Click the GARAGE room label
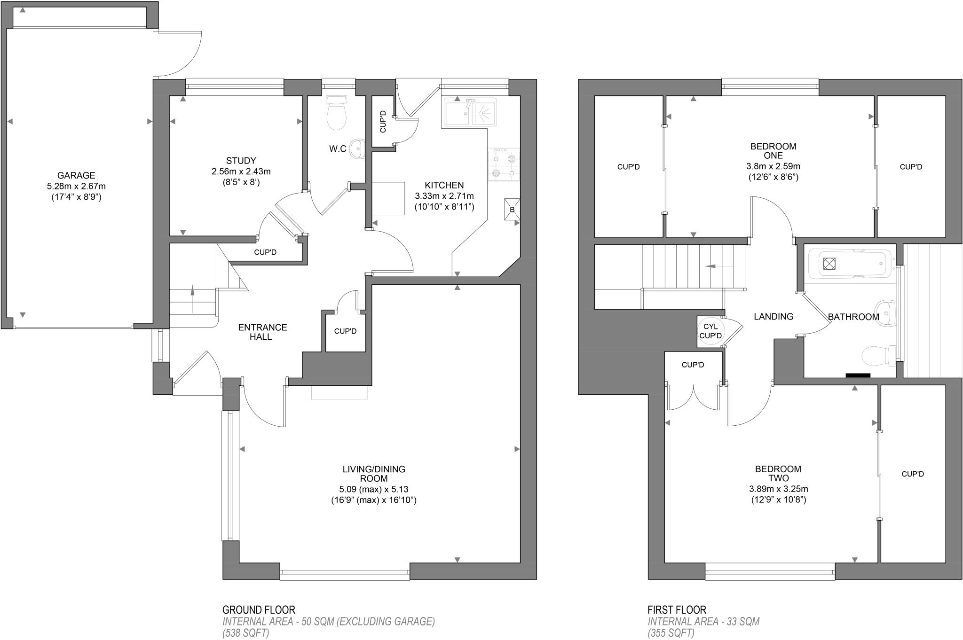coord(76,176)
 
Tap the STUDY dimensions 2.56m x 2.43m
coord(241,172)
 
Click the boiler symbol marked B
coord(512,209)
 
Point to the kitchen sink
coord(469,112)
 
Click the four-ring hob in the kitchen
coord(504,164)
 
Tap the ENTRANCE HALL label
coord(262,332)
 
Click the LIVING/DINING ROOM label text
coord(374,474)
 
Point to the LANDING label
coord(774,317)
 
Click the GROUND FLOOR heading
coord(259,610)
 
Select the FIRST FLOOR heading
coord(677,610)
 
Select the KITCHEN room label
coord(444,185)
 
